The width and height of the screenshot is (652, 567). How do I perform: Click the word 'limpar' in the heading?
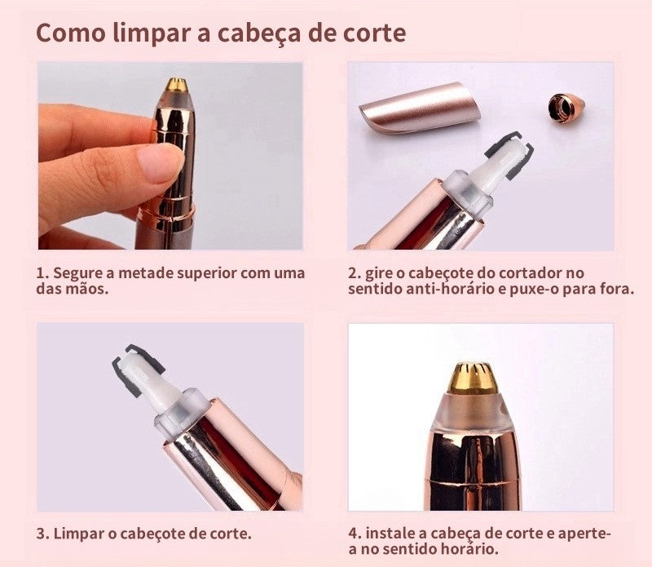(x=143, y=33)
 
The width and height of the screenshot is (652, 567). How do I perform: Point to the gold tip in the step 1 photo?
(x=175, y=84)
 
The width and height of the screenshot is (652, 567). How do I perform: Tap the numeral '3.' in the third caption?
(x=42, y=534)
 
